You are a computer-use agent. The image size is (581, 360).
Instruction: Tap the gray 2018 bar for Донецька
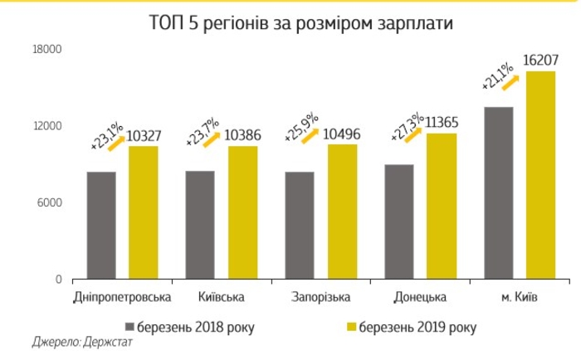pyautogui.click(x=399, y=221)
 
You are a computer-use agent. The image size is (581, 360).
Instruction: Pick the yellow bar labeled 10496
pyautogui.click(x=342, y=212)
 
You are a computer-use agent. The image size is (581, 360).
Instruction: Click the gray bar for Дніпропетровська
pyautogui.click(x=101, y=225)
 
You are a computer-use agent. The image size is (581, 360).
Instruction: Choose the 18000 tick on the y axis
pyautogui.click(x=47, y=51)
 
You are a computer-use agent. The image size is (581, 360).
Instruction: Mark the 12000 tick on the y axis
pyautogui.click(x=47, y=126)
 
